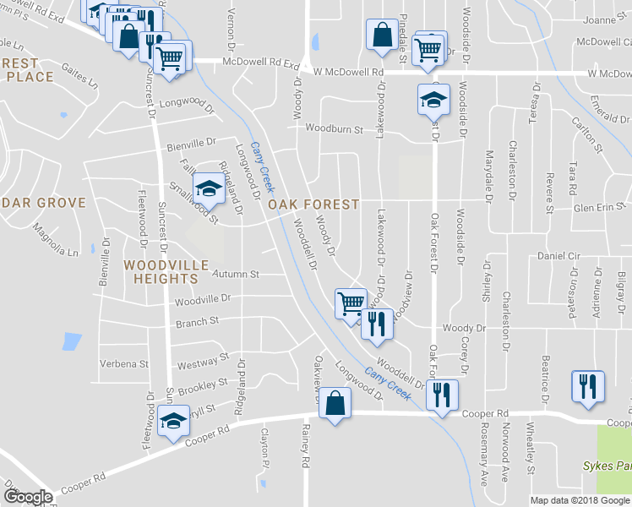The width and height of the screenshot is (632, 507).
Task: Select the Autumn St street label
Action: click(235, 275)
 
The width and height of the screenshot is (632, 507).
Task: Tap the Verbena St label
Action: click(124, 364)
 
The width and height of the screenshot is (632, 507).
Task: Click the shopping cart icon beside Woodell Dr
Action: click(350, 302)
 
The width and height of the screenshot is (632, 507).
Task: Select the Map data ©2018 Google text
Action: click(580, 500)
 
